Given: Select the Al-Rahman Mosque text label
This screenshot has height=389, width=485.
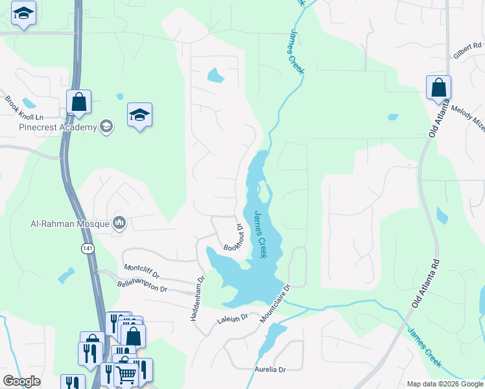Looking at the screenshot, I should (x=70, y=224).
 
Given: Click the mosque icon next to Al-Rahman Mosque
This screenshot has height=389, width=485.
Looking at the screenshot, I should (x=119, y=224).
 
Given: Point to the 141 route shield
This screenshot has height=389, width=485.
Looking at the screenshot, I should (x=88, y=248).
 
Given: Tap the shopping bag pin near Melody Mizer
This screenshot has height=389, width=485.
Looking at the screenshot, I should (x=438, y=88).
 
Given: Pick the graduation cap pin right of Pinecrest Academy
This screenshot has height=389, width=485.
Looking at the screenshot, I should (x=140, y=115).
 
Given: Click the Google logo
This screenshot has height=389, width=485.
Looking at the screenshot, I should (x=21, y=381).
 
